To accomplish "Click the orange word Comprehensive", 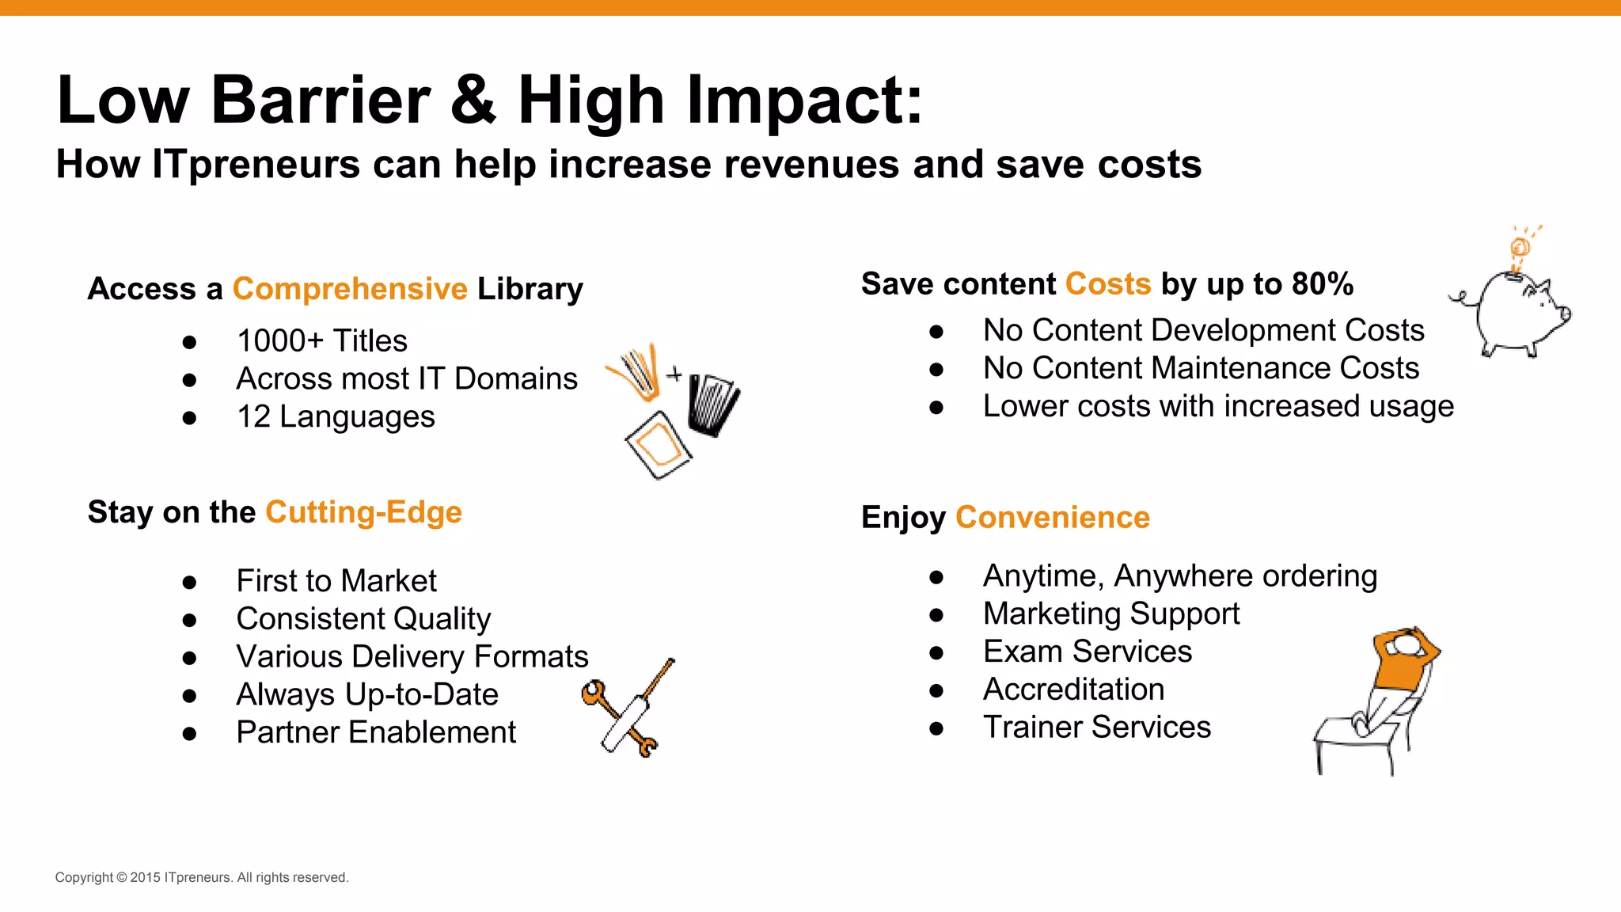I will tap(350, 289).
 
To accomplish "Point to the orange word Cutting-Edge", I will tap(363, 512).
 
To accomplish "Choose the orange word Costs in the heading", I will tap(1108, 284).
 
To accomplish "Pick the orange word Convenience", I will tap(1053, 517).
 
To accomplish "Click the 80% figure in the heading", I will tap(1323, 284).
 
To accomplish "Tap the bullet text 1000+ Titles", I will tap(321, 341).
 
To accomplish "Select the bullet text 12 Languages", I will tap(336, 417).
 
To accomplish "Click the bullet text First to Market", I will tap(336, 581).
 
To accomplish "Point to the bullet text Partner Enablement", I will tap(376, 732).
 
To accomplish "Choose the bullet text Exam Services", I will tap(1088, 652).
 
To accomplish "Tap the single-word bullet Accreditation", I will tap(1073, 690).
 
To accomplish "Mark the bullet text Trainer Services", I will tap(1097, 728).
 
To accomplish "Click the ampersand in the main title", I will tap(473, 101).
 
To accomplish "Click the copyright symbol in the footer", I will tap(122, 878).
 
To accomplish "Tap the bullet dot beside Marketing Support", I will tap(936, 614).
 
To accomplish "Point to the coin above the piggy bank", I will tap(1520, 247).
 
